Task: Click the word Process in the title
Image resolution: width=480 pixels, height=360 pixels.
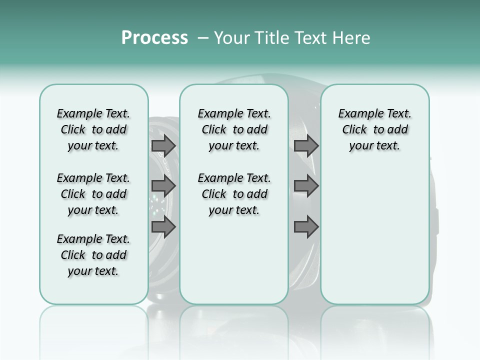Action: click(x=154, y=38)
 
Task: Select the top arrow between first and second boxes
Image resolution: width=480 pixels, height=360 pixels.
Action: click(x=163, y=145)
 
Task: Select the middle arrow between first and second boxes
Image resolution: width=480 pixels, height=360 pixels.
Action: click(x=163, y=186)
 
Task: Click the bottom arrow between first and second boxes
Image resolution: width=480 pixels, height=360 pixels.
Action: click(x=163, y=226)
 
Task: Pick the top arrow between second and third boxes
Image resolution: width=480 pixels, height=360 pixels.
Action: click(x=306, y=145)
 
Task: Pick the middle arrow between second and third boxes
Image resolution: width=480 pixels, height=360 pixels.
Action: click(x=306, y=186)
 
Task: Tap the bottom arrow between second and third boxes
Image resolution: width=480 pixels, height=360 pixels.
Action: click(x=306, y=226)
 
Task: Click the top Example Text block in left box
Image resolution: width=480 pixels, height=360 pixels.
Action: click(x=93, y=129)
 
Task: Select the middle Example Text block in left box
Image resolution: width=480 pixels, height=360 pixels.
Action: click(x=93, y=194)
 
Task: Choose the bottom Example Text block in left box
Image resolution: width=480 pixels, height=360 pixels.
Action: click(x=93, y=255)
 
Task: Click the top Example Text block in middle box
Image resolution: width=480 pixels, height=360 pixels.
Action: click(x=234, y=129)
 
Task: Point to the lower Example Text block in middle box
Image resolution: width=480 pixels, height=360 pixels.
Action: click(x=234, y=194)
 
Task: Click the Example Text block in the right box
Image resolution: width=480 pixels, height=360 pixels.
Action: click(x=374, y=129)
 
